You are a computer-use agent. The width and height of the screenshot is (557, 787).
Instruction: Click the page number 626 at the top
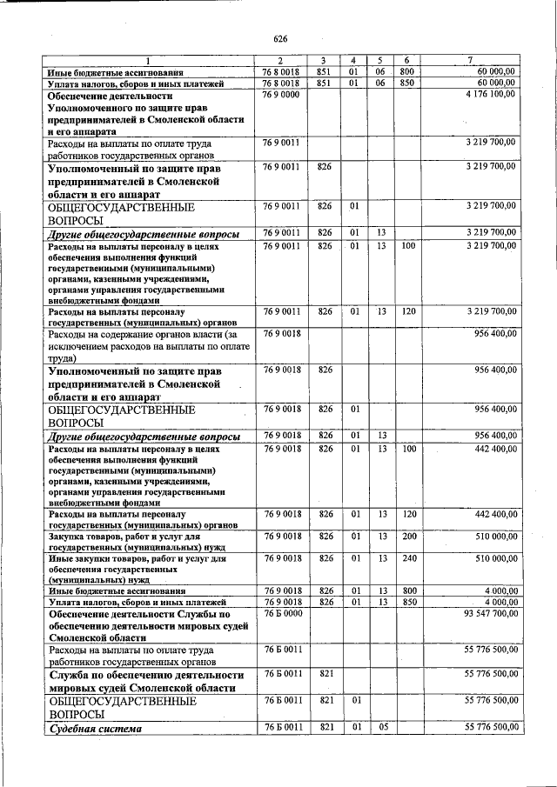[x=280, y=39]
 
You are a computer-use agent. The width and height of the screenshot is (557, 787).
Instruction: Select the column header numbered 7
[x=470, y=59]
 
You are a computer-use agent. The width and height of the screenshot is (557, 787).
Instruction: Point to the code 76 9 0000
[x=281, y=94]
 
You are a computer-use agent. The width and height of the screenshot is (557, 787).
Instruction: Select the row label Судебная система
[x=95, y=728]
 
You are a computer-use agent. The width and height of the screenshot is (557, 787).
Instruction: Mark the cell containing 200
[x=406, y=537]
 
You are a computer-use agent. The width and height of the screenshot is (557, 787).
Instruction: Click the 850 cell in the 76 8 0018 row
[x=406, y=83]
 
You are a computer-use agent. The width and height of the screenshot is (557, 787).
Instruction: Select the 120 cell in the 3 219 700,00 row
[x=406, y=310]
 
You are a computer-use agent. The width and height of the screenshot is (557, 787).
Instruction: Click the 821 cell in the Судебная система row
[x=325, y=727]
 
